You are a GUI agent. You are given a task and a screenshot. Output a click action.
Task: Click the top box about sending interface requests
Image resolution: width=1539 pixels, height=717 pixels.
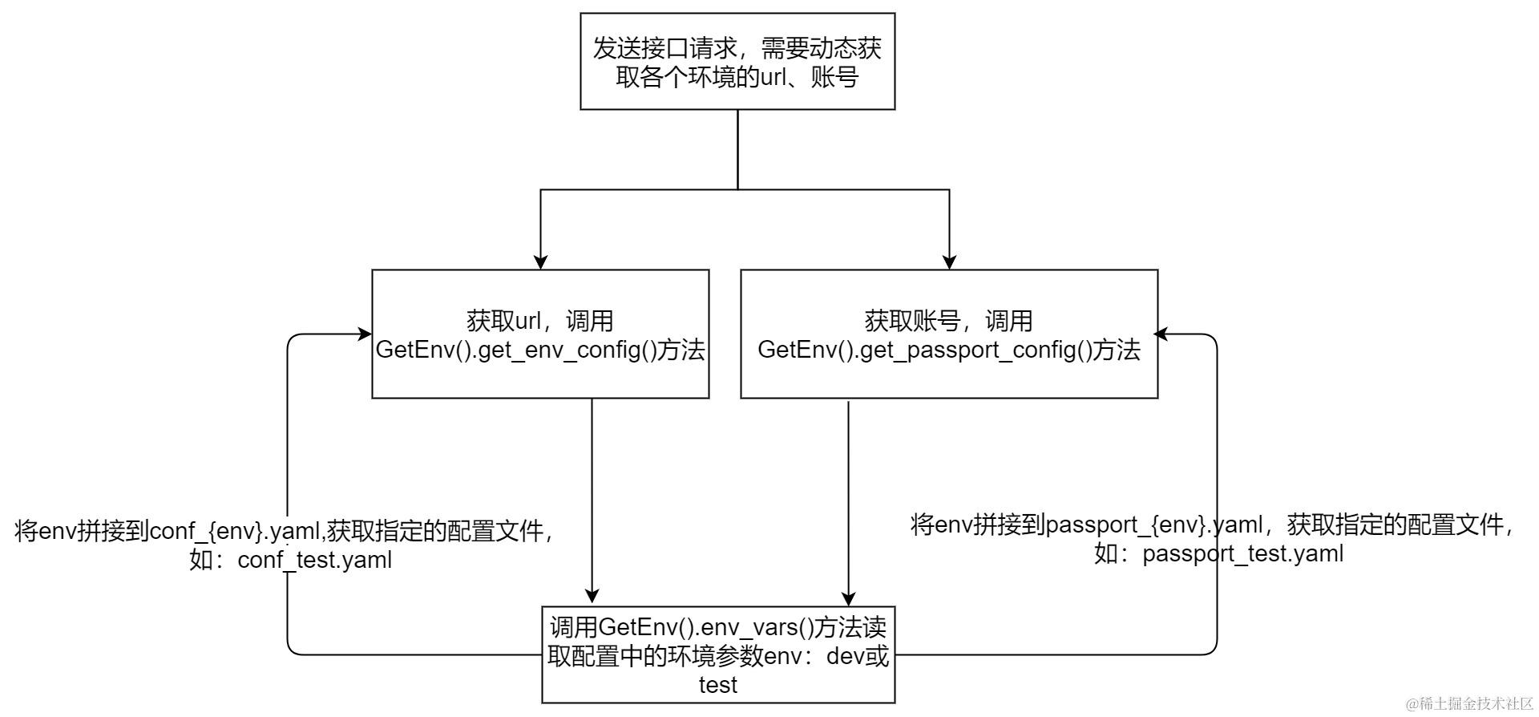tap(737, 61)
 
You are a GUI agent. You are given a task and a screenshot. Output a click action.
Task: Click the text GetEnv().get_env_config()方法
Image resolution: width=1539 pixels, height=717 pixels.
tap(540, 350)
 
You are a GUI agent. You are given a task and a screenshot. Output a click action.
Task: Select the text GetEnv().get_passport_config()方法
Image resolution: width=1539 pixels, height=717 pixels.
tap(948, 350)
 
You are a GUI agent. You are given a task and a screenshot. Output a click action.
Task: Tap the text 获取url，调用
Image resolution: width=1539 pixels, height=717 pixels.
tap(540, 321)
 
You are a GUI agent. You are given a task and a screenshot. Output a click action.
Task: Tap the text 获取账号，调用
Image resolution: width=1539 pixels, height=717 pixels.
tap(948, 321)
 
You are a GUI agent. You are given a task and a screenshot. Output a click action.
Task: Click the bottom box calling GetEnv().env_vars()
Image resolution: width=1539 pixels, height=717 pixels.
tap(718, 654)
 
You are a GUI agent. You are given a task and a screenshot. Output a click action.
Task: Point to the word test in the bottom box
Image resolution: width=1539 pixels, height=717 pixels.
tap(717, 685)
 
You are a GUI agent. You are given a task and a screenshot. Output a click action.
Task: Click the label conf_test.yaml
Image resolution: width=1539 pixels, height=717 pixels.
tap(315, 560)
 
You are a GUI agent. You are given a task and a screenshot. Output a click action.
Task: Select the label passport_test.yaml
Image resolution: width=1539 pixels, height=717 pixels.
tap(1242, 553)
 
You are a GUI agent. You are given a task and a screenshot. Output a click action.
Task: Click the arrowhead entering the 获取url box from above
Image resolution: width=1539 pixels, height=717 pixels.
tap(540, 262)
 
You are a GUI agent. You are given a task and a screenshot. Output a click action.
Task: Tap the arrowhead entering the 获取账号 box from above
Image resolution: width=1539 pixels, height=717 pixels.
tap(949, 262)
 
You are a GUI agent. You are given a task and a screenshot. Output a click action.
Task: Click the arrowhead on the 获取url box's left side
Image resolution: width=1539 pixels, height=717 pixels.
tap(365, 334)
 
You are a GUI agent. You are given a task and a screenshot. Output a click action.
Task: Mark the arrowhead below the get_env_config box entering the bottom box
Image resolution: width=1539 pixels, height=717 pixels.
tap(592, 596)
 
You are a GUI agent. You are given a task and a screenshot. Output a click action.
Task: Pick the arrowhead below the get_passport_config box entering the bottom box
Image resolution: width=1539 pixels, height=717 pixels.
tap(848, 598)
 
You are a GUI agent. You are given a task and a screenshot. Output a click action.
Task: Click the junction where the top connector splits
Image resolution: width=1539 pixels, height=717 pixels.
tap(737, 189)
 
